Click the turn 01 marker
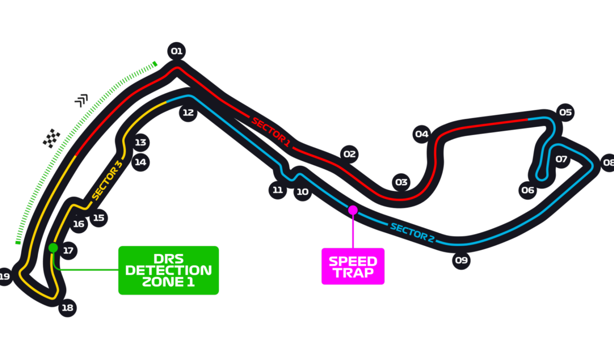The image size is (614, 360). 177,51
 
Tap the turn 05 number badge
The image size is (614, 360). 565,112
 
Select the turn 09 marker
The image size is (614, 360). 461,260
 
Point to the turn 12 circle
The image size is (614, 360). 188,113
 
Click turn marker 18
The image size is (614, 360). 67,308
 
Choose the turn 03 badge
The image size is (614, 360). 401,182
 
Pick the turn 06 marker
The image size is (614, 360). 528,191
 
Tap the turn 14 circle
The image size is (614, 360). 140,162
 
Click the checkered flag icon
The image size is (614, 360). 51,138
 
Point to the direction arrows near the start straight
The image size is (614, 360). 81,100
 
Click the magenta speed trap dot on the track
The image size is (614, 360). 353,210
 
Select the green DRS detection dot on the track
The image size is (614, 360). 53,248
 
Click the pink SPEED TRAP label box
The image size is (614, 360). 353,266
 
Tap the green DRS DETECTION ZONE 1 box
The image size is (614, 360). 168,271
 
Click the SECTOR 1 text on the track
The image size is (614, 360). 271,132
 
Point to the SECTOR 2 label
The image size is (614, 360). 412,232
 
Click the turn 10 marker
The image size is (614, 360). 302,192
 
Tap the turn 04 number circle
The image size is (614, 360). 422,134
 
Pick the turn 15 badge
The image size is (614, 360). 98,218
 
